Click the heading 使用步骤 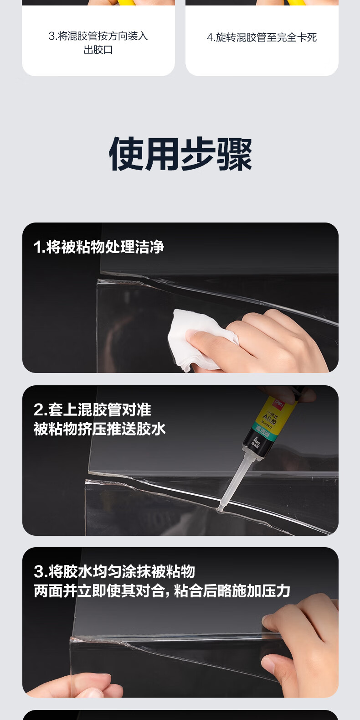[180, 154]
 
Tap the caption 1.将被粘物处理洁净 [98, 247]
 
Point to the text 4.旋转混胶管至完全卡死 [262, 37]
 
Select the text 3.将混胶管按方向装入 [98, 36]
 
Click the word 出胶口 [98, 50]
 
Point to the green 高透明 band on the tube [262, 431]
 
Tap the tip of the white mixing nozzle [221, 507]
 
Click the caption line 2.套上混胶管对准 [92, 409]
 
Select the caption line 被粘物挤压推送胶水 [99, 429]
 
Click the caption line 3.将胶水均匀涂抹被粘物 [114, 571]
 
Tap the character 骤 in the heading [234, 154]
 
